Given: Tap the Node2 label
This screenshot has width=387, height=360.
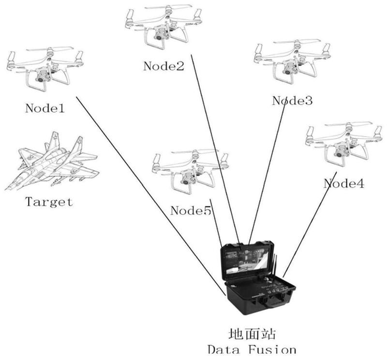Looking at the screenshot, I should [164, 66].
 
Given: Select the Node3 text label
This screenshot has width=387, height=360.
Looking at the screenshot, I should [292, 101].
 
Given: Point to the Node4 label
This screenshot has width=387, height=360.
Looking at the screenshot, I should [344, 183].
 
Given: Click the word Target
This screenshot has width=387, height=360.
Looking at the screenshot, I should [49, 201].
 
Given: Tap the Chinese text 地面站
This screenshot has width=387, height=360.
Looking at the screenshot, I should [252, 334].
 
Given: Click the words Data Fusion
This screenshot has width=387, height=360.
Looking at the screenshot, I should [252, 349].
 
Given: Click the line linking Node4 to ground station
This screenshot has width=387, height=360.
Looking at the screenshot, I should [310, 227].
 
